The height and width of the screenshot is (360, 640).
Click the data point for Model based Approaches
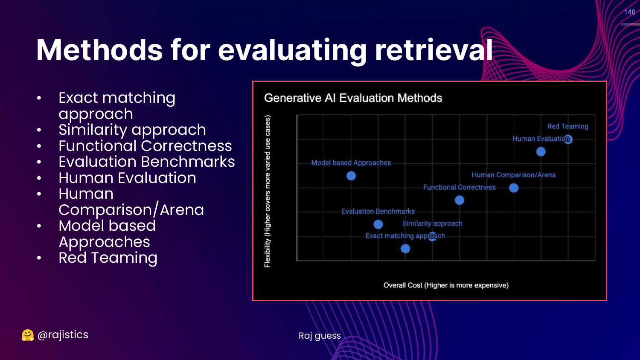tap(351, 176)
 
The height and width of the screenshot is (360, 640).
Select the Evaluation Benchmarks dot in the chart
tap(378, 224)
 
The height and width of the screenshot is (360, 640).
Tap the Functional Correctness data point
tap(460, 200)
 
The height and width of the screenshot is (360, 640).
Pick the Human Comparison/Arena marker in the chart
tap(514, 188)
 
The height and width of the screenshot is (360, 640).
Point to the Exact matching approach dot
tap(405, 249)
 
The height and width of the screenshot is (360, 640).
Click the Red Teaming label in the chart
tap(568, 126)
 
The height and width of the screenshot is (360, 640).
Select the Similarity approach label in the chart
tap(432, 224)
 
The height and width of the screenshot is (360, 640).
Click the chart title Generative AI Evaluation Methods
tap(353, 98)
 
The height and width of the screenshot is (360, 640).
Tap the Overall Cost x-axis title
tap(446, 285)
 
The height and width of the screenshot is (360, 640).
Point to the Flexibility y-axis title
tap(267, 191)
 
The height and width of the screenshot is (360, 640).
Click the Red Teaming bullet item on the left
tap(108, 258)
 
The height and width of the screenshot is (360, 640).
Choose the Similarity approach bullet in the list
tap(132, 130)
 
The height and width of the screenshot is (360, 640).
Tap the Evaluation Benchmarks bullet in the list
tap(147, 162)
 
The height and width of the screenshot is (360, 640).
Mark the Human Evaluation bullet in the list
tap(128, 178)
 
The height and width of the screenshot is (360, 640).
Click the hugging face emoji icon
tap(28, 335)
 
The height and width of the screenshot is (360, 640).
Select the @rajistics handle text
tap(63, 334)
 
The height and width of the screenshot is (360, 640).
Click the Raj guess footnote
tap(320, 336)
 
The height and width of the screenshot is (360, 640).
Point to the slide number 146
tap(630, 12)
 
